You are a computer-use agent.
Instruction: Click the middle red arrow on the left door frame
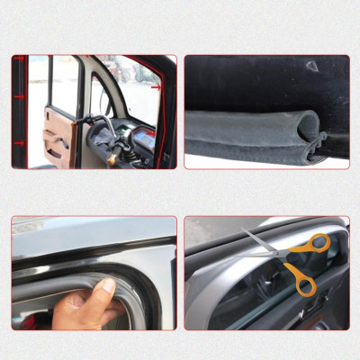pyautogui.click(x=17, y=96)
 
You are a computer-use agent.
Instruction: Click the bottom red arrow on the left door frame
pyautogui.click(x=17, y=142)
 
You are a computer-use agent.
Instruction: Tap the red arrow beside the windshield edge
pyautogui.click(x=158, y=89)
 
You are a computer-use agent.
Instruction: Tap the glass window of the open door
pyautogui.click(x=64, y=85)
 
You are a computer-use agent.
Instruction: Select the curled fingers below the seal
pyautogui.click(x=81, y=310)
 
